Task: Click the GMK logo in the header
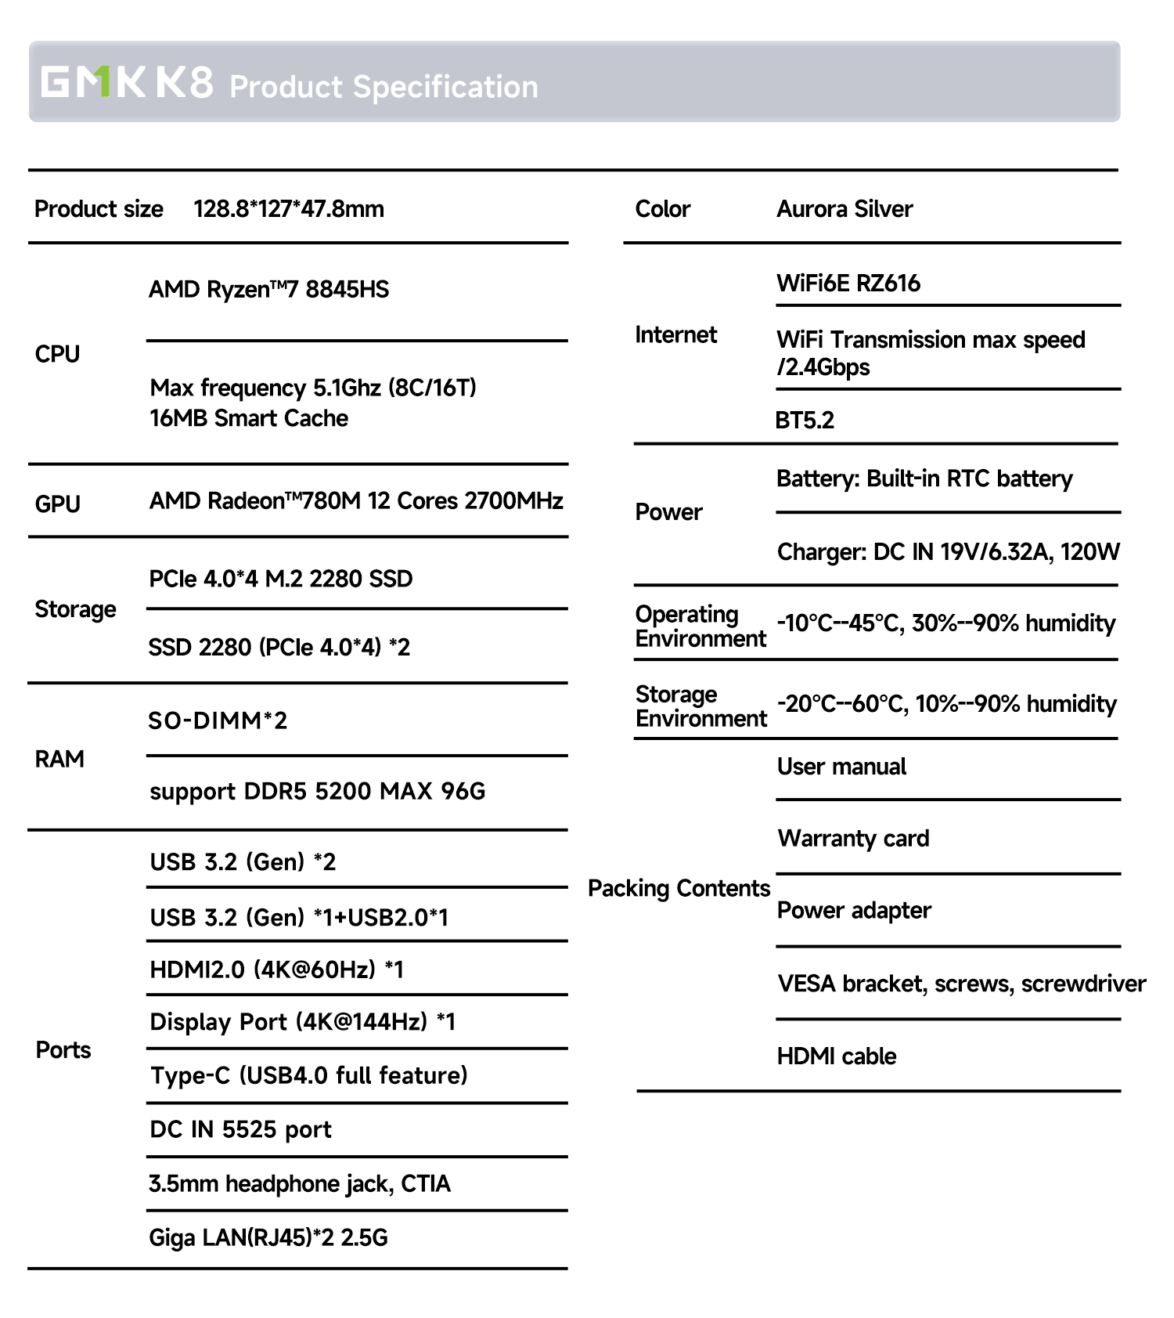(93, 81)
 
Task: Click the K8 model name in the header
(184, 81)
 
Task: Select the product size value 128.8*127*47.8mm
(289, 209)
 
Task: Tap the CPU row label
(57, 354)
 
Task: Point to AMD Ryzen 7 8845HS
(268, 290)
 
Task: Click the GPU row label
(57, 504)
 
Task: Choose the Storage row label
(75, 609)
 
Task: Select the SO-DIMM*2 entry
(218, 720)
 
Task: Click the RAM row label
(59, 759)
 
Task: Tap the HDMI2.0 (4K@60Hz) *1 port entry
(276, 970)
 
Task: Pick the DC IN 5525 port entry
(240, 1129)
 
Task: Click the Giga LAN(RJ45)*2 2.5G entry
(268, 1237)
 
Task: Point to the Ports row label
(63, 1050)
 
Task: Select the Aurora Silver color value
(844, 209)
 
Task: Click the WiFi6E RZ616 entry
(848, 283)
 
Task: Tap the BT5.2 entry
(805, 421)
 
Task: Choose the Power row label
(668, 512)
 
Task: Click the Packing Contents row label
(679, 888)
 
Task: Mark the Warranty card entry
(853, 839)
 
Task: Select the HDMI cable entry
(837, 1056)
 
